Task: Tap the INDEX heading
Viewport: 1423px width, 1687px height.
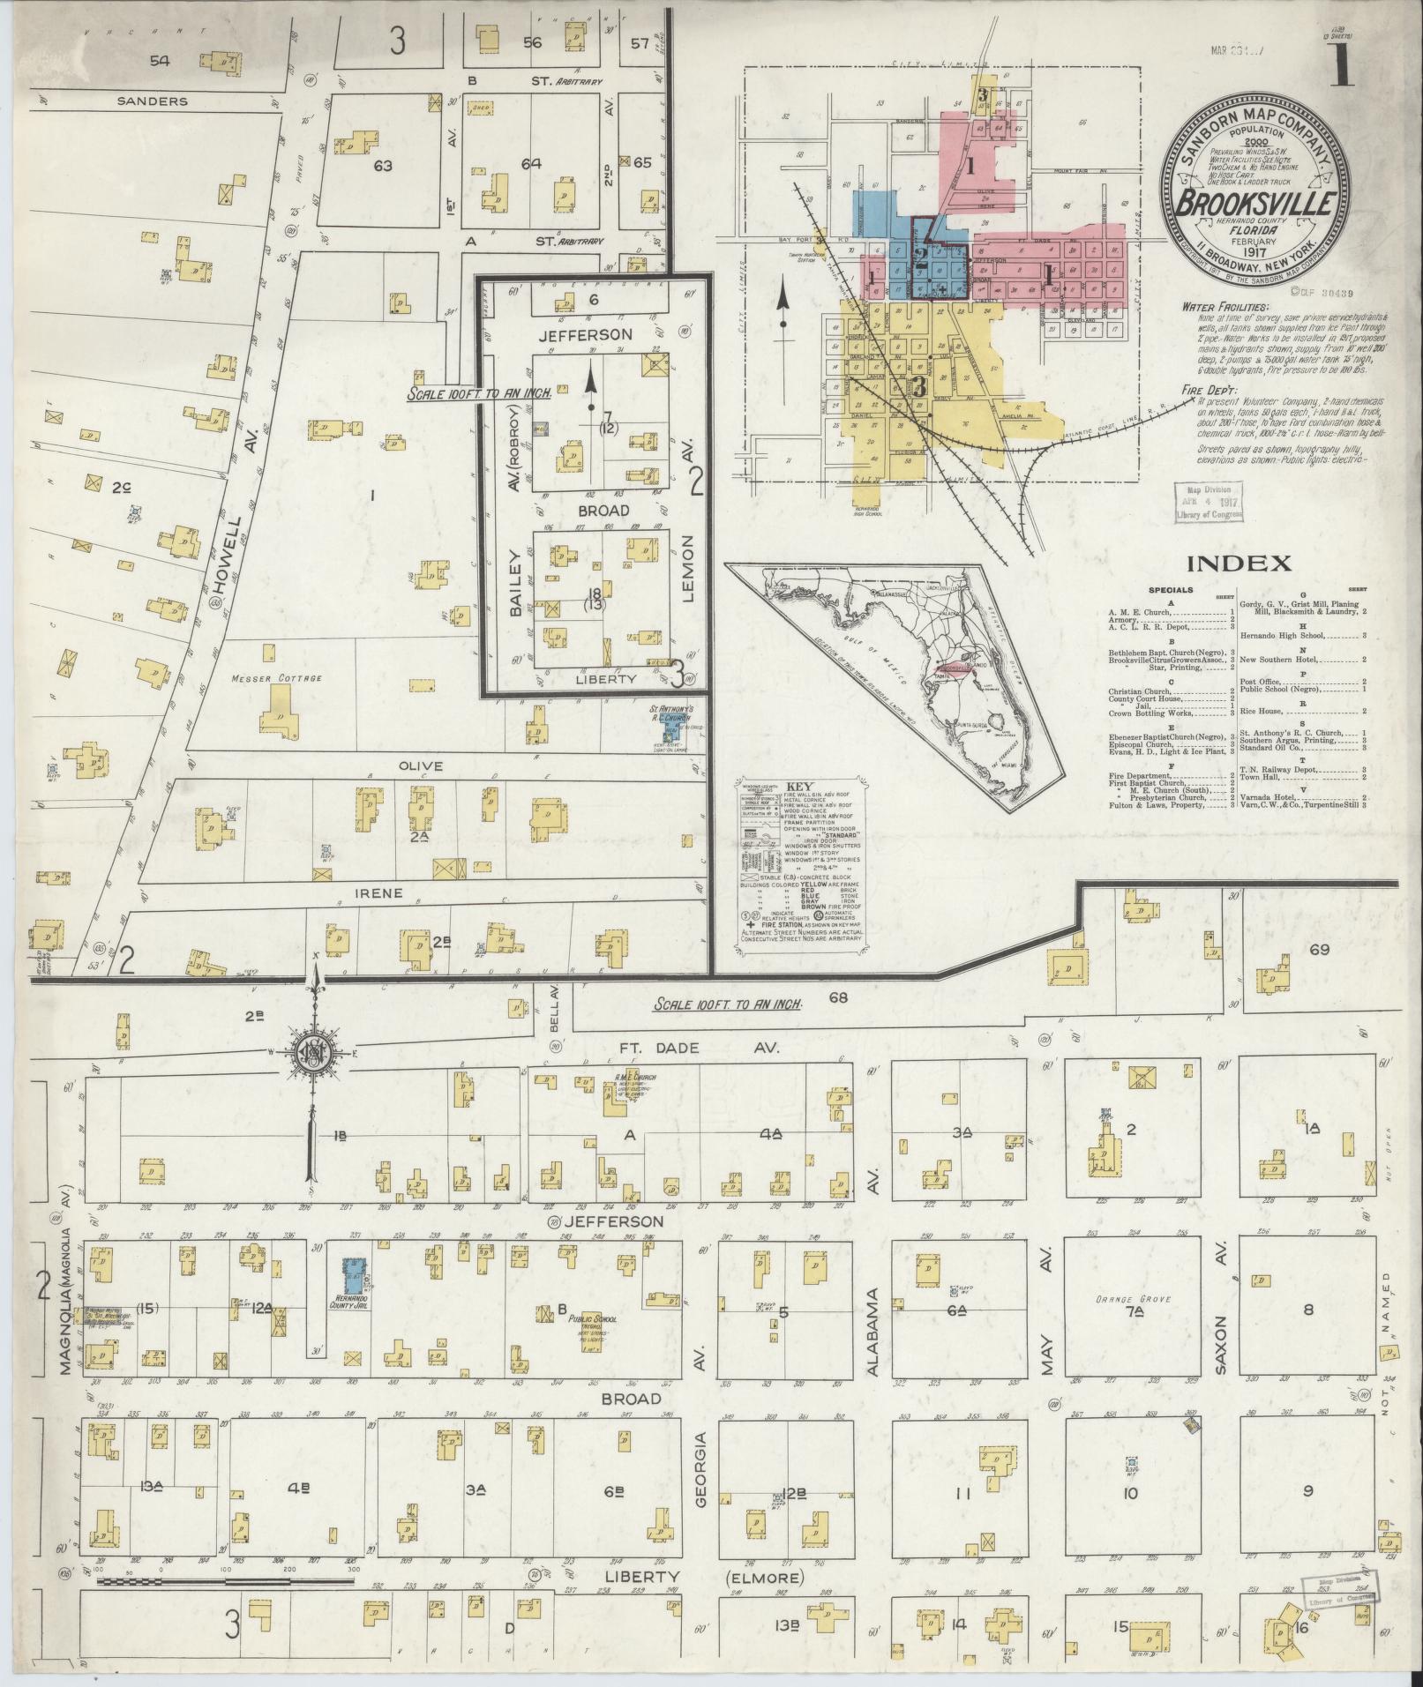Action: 1239,564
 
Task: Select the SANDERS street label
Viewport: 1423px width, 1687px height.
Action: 152,101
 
